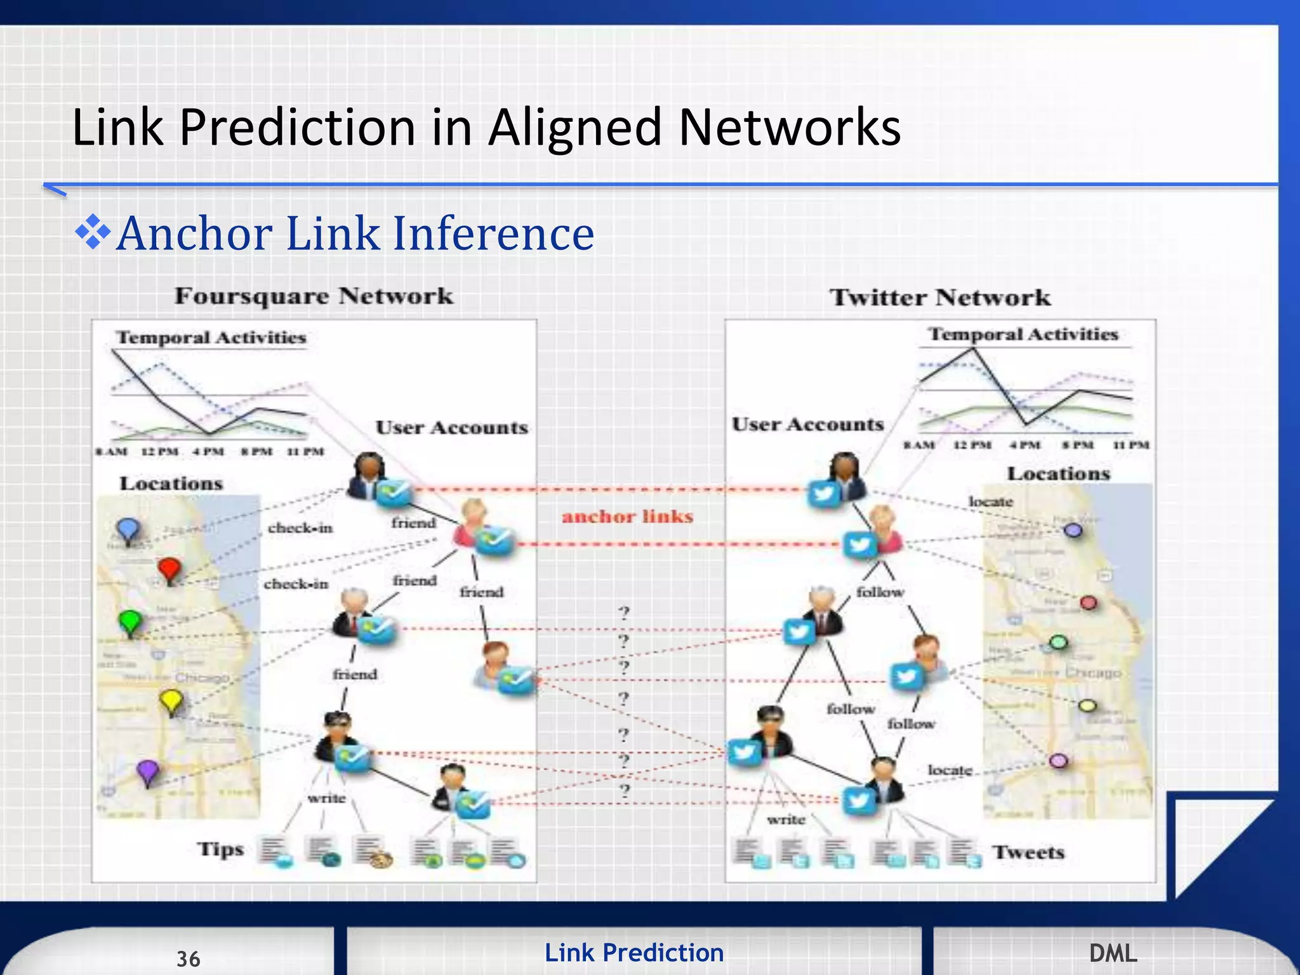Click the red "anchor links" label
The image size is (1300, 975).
627,517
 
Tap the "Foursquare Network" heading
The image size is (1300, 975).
314,296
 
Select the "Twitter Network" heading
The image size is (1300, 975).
939,298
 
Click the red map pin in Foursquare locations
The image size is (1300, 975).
169,569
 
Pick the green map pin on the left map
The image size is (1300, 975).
130,621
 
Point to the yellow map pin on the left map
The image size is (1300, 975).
171,701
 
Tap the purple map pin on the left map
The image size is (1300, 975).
148,771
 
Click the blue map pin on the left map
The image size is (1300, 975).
128,529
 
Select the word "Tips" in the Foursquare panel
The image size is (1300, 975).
220,849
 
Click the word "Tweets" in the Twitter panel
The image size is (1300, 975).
1028,852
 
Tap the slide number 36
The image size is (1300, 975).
188,958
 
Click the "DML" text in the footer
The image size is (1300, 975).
1113,953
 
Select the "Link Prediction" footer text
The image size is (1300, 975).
633,953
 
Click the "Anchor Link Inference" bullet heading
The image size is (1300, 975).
354,234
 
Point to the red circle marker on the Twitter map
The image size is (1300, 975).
1089,602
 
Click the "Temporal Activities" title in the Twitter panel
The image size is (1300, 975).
1023,335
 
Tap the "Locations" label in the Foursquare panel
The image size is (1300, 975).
171,484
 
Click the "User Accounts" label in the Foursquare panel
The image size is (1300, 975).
451,428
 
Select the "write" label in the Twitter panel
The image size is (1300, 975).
786,820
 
